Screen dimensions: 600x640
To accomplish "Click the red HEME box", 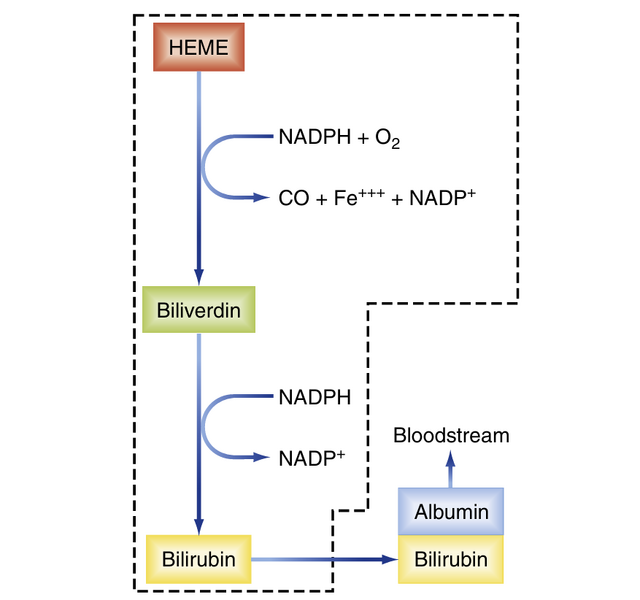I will (199, 47).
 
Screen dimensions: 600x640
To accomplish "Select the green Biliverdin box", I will (199, 310).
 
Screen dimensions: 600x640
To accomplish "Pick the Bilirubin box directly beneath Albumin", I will (451, 560).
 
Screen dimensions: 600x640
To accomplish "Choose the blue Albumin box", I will (451, 512).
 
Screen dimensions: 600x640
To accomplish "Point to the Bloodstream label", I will (451, 435).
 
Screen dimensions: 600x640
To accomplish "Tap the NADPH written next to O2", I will (314, 138).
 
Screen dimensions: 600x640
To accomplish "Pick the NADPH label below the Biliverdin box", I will (314, 397).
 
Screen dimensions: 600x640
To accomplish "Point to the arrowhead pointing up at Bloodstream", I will (451, 456).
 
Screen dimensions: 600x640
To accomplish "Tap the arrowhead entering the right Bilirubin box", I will (389, 560).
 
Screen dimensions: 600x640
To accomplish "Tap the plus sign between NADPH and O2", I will (362, 138).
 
